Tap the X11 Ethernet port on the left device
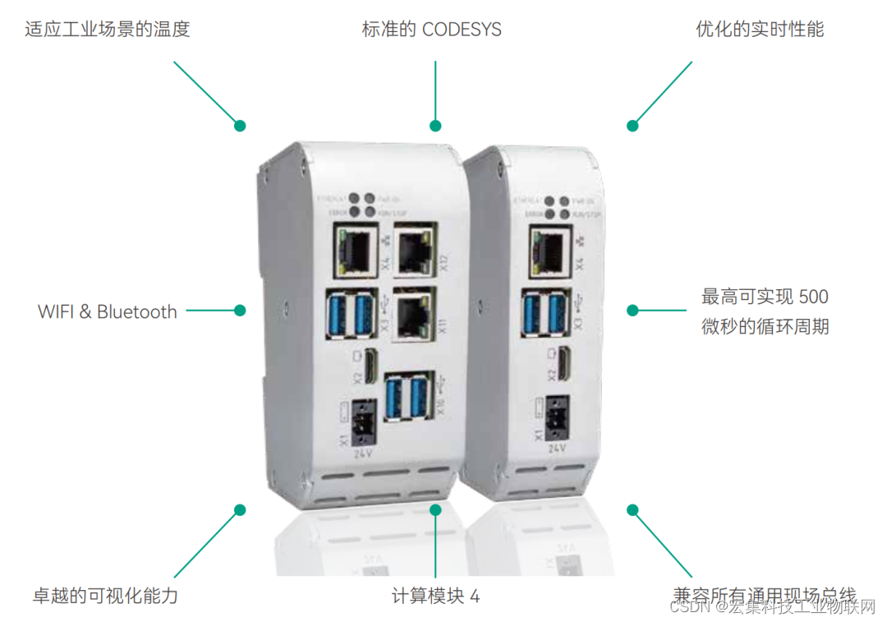coord(412,315)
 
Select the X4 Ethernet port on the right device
coord(549,246)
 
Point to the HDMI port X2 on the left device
coord(370,365)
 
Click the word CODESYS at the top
coord(462,30)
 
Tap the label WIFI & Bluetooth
coord(108,311)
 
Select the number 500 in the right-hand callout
coord(813,296)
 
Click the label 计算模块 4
coord(435,596)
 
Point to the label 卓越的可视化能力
coord(105,596)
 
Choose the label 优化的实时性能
coord(760,30)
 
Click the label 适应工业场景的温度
coord(108,30)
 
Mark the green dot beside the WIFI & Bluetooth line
coord(240,311)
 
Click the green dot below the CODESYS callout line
coord(435,126)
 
